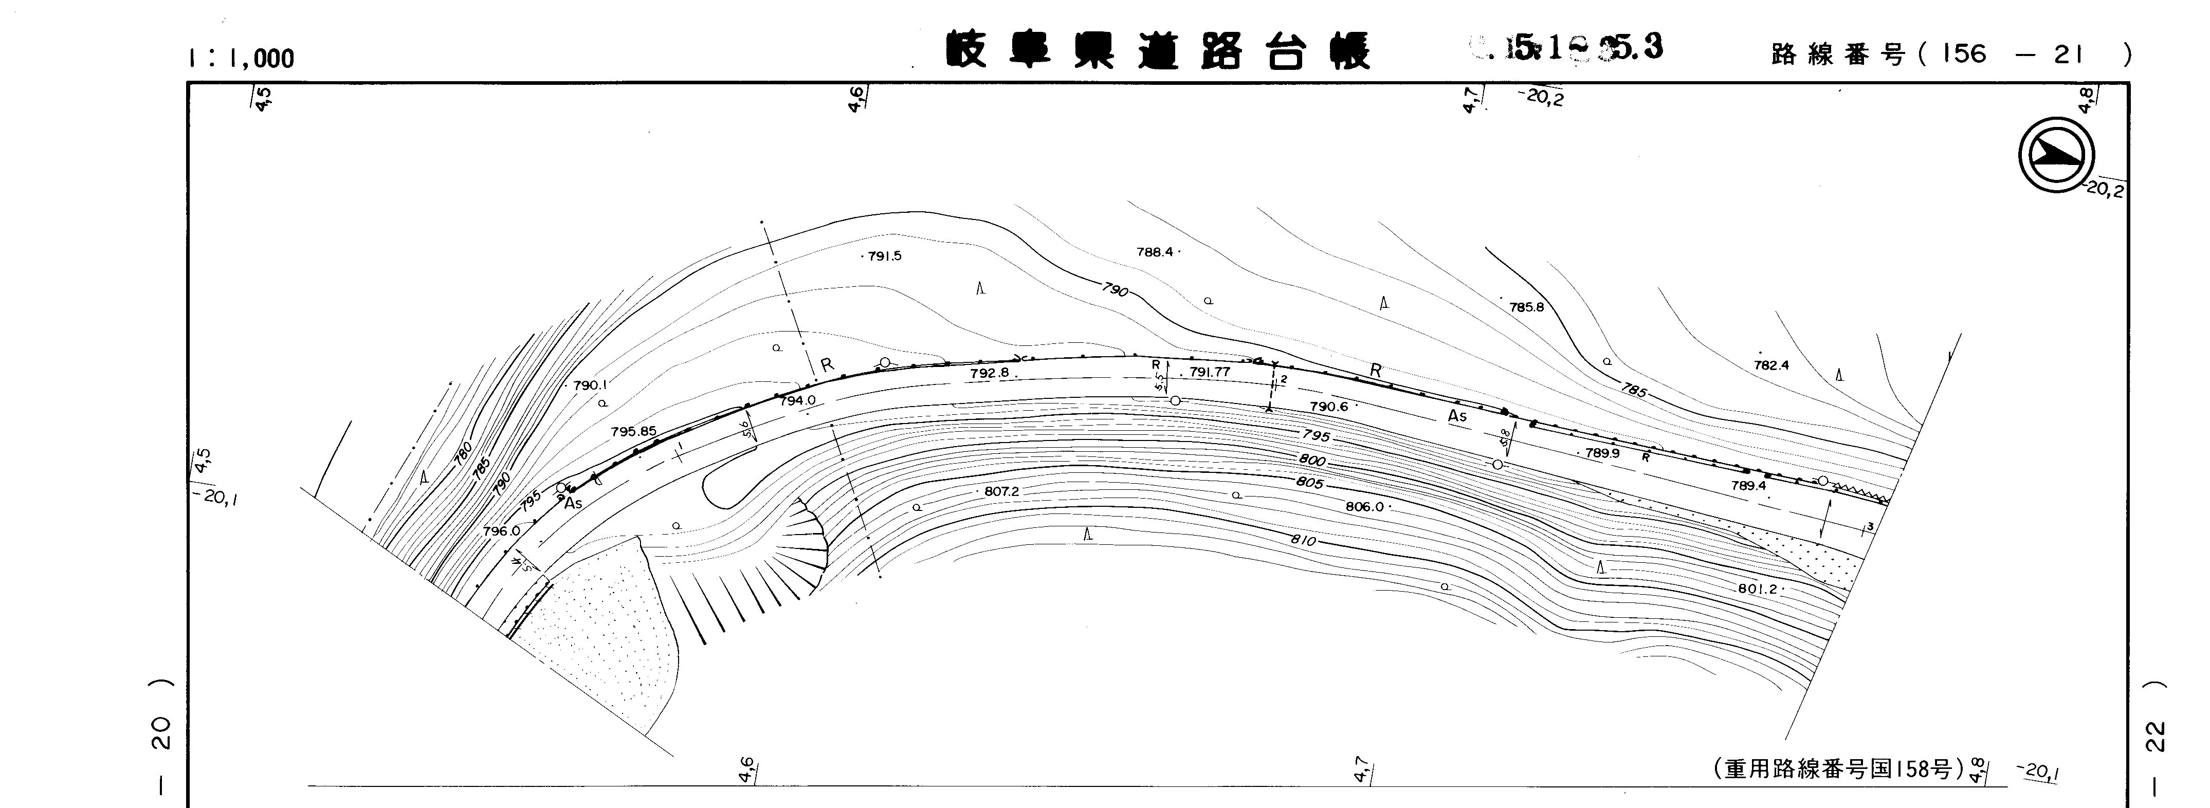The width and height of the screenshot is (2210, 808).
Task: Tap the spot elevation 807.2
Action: tap(1001, 491)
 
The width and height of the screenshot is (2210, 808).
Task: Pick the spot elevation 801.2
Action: tap(1758, 589)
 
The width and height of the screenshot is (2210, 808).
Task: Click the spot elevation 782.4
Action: tap(1771, 364)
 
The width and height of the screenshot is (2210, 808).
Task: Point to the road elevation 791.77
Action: tap(1210, 372)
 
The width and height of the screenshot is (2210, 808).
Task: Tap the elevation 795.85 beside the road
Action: tap(633, 431)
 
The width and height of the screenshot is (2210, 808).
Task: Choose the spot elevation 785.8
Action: tap(1526, 306)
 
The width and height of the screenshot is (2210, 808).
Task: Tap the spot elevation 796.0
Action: tap(502, 531)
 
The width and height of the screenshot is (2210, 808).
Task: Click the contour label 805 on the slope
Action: tap(1309, 483)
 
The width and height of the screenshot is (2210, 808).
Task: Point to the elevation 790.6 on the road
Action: tap(1329, 407)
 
